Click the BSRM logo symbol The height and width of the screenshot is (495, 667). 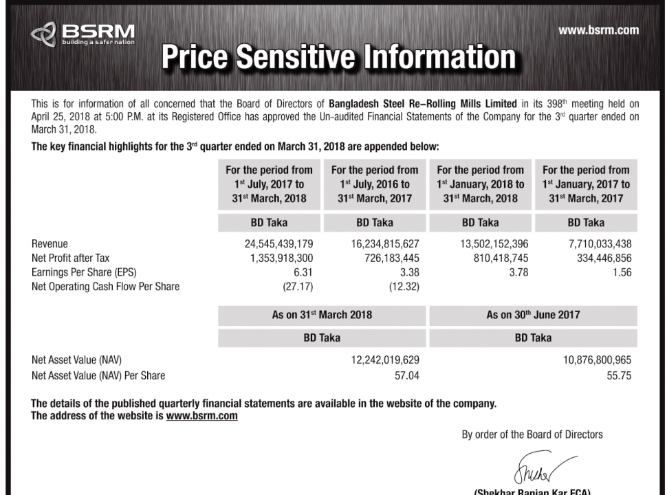pyautogui.click(x=43, y=34)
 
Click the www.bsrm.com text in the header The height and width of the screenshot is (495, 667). pyautogui.click(x=598, y=30)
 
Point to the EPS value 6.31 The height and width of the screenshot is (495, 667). pyautogui.click(x=303, y=272)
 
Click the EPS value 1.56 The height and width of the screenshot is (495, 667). pyautogui.click(x=620, y=272)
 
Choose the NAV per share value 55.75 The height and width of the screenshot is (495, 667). pyautogui.click(x=619, y=375)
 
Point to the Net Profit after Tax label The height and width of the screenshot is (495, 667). pyautogui.click(x=71, y=258)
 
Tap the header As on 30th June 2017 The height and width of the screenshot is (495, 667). pyautogui.click(x=533, y=315)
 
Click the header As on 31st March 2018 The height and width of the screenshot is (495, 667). pyautogui.click(x=322, y=315)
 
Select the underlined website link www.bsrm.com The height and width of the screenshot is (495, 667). pyautogui.click(x=201, y=416)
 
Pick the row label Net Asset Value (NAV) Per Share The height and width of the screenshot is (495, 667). pyautogui.click(x=98, y=375)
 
